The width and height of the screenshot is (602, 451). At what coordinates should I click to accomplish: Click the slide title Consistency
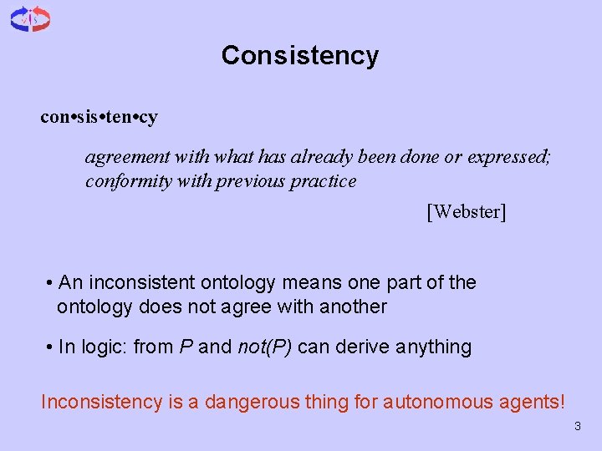click(x=300, y=56)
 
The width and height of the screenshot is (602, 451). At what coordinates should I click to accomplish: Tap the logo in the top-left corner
click(x=30, y=18)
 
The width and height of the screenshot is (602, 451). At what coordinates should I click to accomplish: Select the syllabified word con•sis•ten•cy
click(x=99, y=117)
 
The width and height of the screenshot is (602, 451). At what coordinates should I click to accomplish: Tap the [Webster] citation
click(x=467, y=211)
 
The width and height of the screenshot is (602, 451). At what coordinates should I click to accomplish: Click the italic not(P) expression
click(x=264, y=347)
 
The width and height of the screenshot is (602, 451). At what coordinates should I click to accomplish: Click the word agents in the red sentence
click(x=534, y=402)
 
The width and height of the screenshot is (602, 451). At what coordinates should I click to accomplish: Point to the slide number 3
click(x=577, y=428)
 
